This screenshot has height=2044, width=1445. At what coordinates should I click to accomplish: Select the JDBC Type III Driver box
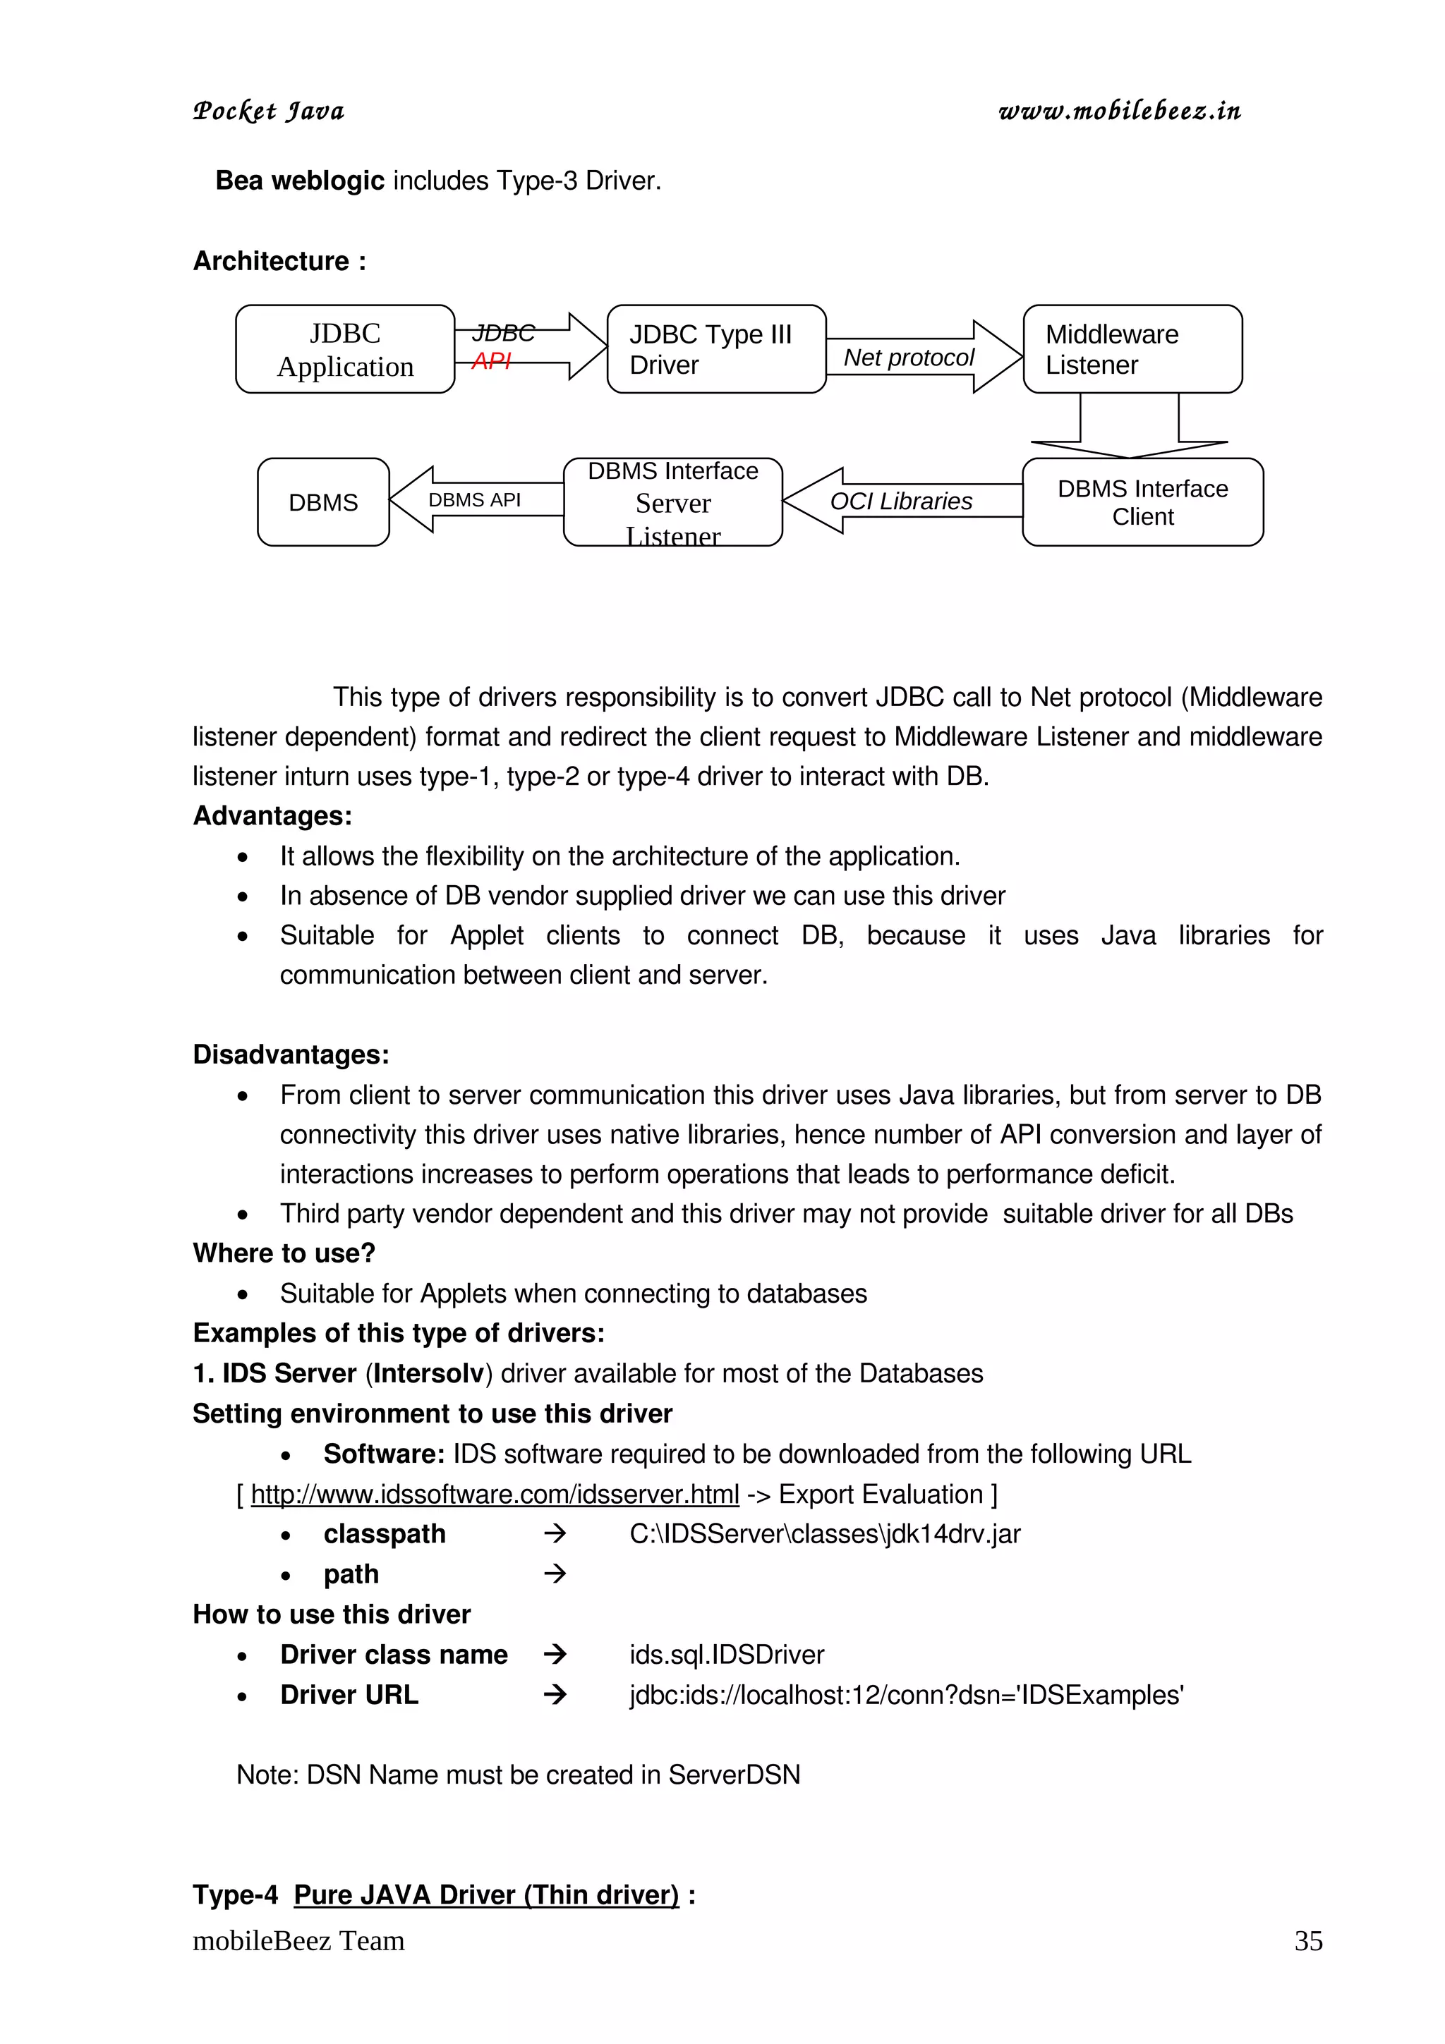[716, 349]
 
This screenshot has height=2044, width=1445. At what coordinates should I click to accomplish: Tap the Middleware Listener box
[1132, 349]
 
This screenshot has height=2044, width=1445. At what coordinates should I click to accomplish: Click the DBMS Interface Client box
[1142, 502]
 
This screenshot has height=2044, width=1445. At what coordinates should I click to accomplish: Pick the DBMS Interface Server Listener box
[672, 502]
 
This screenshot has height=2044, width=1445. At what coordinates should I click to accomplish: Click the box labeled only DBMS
[323, 502]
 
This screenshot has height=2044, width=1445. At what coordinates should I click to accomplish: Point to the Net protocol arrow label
[908, 357]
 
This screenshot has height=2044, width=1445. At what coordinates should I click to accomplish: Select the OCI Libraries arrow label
[900, 501]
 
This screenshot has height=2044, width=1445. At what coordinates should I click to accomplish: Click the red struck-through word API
[490, 360]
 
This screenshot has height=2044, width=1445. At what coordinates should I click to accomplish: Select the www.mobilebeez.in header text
[1119, 111]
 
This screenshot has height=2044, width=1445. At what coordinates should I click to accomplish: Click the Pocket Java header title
[269, 111]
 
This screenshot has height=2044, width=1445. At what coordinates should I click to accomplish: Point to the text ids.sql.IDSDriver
[727, 1654]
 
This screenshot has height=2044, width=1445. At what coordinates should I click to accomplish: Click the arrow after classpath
[555, 1533]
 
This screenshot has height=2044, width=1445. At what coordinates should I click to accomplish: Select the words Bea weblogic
[299, 181]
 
